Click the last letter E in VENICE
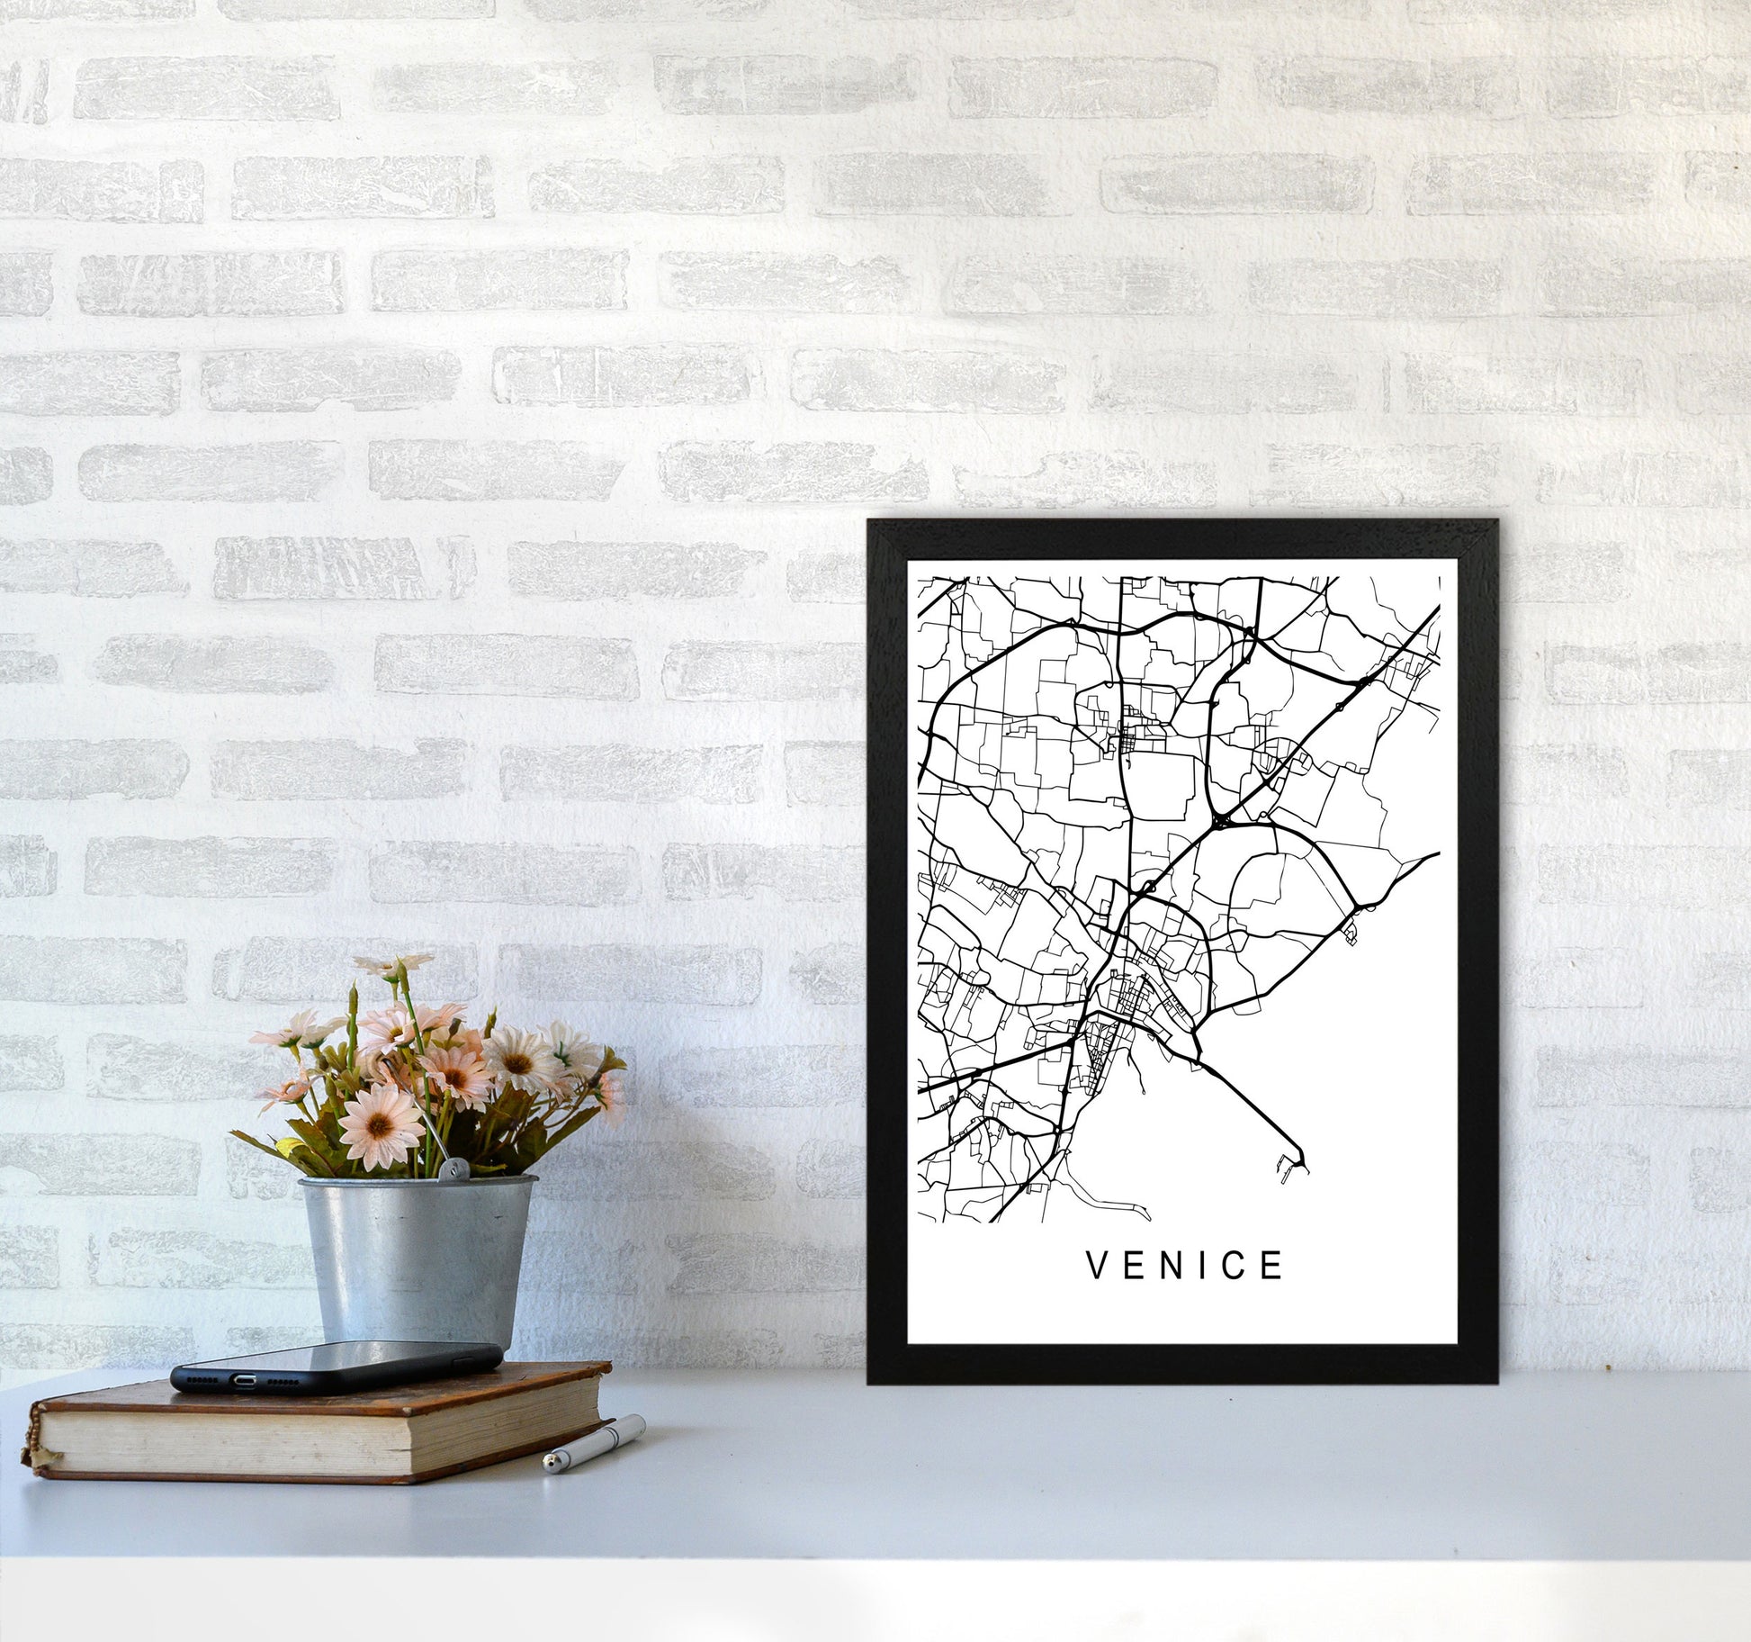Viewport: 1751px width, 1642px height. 1273,1266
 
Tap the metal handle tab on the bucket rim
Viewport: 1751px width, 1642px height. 448,1168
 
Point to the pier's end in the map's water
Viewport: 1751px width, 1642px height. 1307,1172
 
